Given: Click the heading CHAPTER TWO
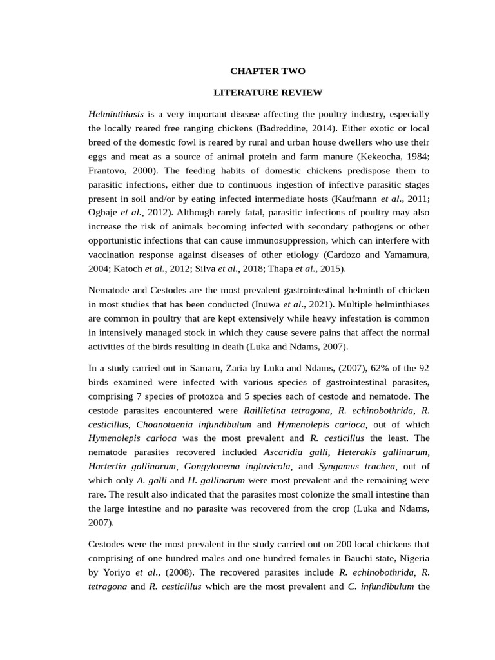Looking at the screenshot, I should click(x=268, y=71).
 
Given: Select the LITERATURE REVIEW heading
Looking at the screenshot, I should click(x=268, y=93).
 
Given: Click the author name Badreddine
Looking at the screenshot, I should click(x=286, y=128).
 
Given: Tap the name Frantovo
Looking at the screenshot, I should click(x=108, y=171).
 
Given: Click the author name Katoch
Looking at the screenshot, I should click(x=126, y=269).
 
